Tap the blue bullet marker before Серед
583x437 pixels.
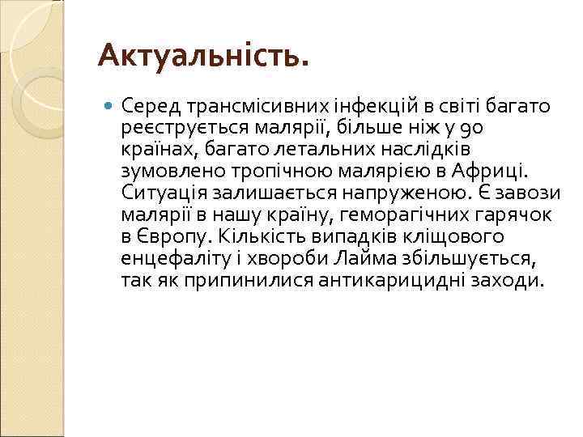coord(110,105)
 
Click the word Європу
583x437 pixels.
coord(171,236)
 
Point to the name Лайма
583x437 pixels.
coord(354,258)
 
